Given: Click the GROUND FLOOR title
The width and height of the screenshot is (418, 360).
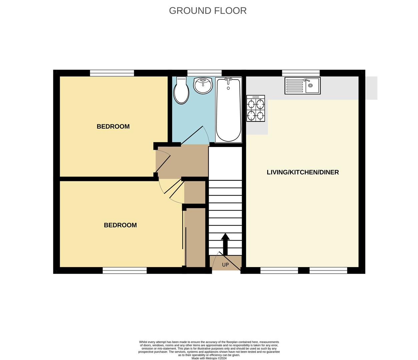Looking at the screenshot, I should pos(207,11).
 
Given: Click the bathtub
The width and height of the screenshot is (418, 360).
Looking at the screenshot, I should pos(229,110).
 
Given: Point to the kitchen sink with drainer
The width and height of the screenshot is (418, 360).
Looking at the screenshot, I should pos(302,86).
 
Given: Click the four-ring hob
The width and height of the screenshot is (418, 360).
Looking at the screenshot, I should pos(256,108).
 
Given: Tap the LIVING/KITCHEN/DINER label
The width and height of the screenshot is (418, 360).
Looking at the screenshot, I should pos(303,172).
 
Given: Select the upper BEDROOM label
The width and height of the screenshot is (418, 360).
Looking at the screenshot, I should pos(113,126).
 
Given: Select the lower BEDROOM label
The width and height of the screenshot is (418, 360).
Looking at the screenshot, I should pos(120,225).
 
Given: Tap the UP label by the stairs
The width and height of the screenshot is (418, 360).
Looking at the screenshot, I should pos(226,265).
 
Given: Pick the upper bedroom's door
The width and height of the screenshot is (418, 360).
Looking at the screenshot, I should pos(163,164).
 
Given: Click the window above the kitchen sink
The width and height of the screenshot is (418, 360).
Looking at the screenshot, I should pos(301,73).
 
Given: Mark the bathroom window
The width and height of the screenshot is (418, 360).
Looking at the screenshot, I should pos(204,73).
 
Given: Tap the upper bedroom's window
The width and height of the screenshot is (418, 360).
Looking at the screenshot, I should pos(112,73).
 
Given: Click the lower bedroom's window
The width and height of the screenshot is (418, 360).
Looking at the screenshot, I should pos(124,271).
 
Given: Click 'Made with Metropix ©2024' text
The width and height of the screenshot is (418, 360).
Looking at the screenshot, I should pos(209,358).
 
